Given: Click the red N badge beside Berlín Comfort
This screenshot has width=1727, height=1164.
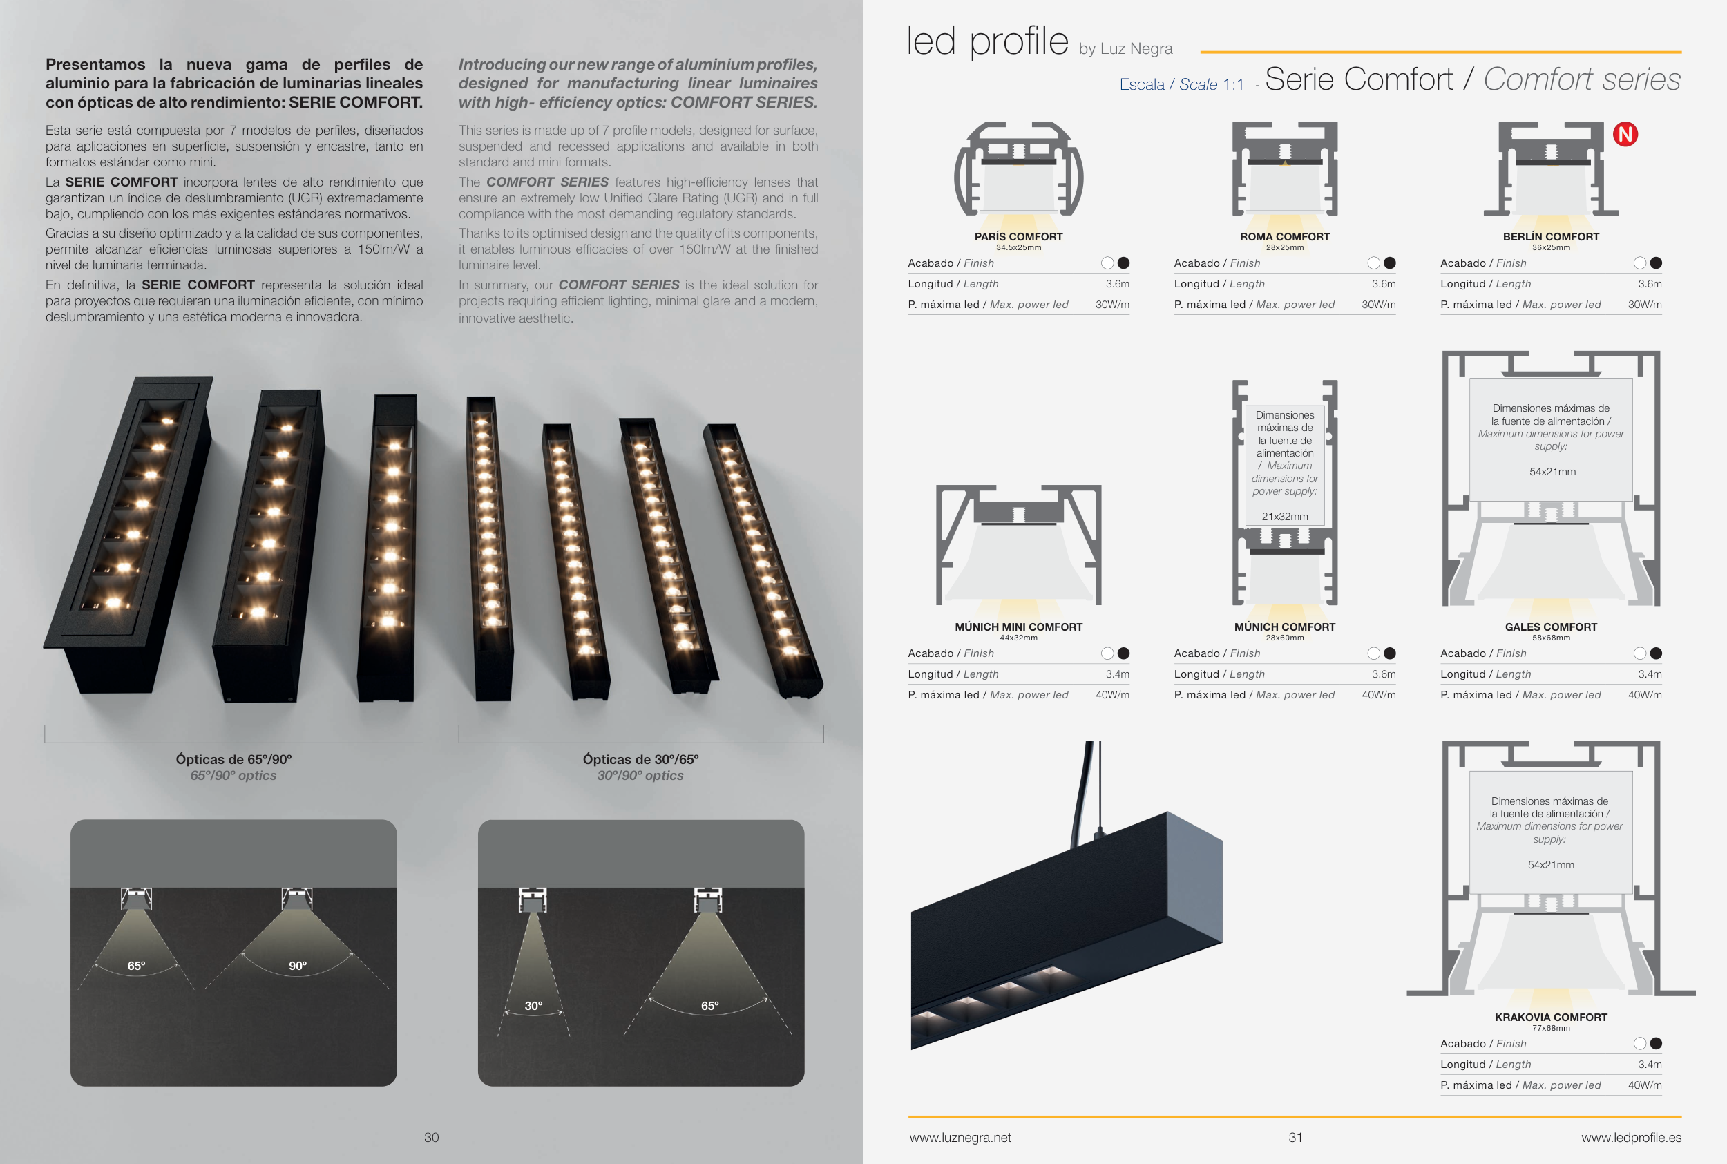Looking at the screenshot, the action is (x=1625, y=135).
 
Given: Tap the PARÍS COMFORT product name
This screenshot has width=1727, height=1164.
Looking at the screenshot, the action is (x=1018, y=237).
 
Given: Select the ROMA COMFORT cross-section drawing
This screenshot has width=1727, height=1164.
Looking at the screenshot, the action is (x=1285, y=170).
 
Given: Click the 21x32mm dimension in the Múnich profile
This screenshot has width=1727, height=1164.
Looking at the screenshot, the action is (x=1285, y=517).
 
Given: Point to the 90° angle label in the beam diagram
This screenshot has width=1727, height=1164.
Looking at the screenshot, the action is (x=298, y=966).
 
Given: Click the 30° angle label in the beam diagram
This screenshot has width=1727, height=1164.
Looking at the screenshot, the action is (x=533, y=1006).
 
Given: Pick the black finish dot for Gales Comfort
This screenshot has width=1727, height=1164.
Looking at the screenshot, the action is (x=1656, y=653).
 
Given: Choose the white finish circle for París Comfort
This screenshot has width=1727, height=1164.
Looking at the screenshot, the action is (x=1107, y=263).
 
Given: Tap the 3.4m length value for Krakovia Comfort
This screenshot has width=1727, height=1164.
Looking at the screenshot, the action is (x=1650, y=1065).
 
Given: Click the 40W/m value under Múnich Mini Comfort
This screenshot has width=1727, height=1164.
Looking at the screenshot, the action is (x=1112, y=695).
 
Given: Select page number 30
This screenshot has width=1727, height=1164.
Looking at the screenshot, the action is (x=431, y=1137).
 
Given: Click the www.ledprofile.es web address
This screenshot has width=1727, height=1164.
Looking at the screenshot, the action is (x=1631, y=1137).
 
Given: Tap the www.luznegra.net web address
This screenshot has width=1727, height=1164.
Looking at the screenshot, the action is (x=960, y=1137).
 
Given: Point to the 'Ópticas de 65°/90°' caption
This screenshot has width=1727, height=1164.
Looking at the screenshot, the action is (x=233, y=759).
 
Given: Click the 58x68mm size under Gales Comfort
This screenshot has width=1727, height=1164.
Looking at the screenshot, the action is (x=1551, y=638).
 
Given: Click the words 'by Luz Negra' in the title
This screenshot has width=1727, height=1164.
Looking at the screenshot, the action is (x=1125, y=49).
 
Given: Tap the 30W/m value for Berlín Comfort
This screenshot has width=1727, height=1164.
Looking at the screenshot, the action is (x=1645, y=305).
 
